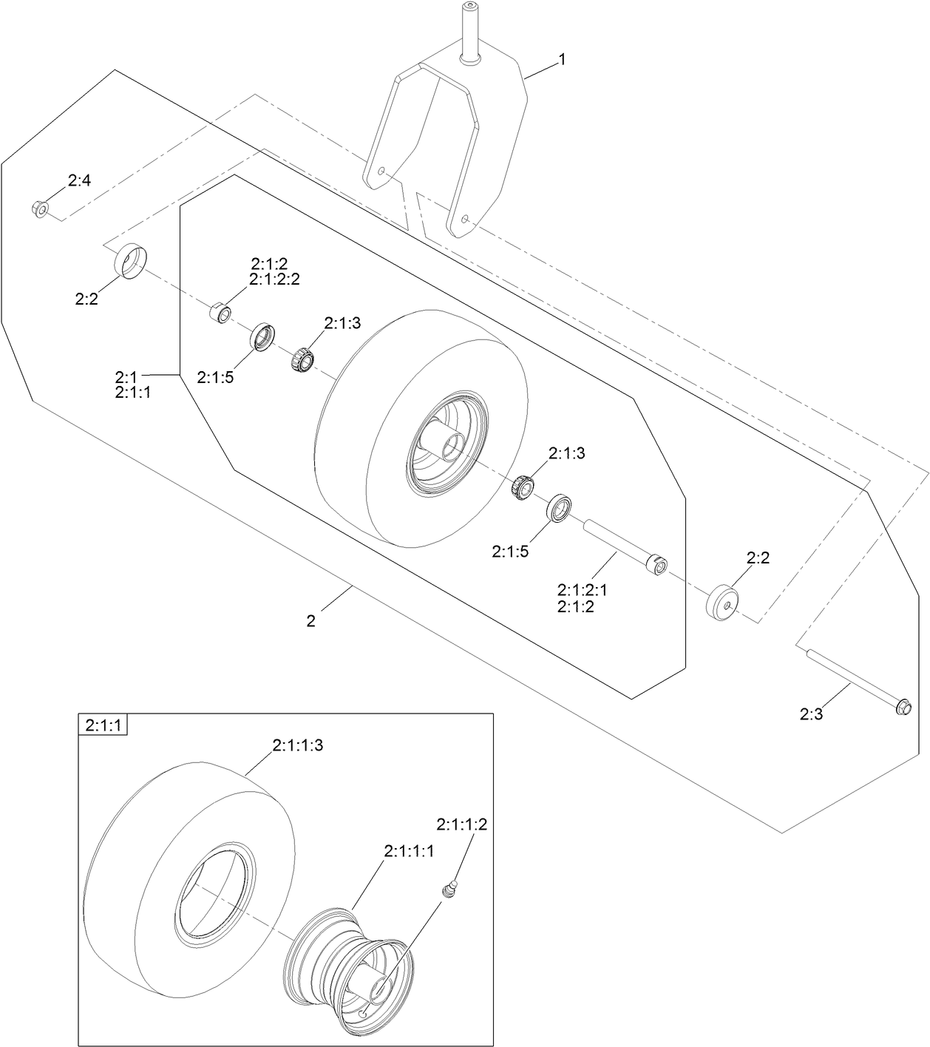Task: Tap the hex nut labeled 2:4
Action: [x=40, y=209]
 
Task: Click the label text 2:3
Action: [x=811, y=714]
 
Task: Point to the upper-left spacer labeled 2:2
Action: [x=132, y=260]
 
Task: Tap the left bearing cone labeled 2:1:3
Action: [x=302, y=359]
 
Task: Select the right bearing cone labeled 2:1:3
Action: [x=524, y=487]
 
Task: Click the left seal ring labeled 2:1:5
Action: [x=262, y=337]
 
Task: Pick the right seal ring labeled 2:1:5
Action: [x=560, y=508]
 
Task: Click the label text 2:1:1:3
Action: [x=297, y=746]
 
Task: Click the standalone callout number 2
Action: [x=311, y=622]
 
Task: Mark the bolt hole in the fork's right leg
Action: [x=464, y=219]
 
